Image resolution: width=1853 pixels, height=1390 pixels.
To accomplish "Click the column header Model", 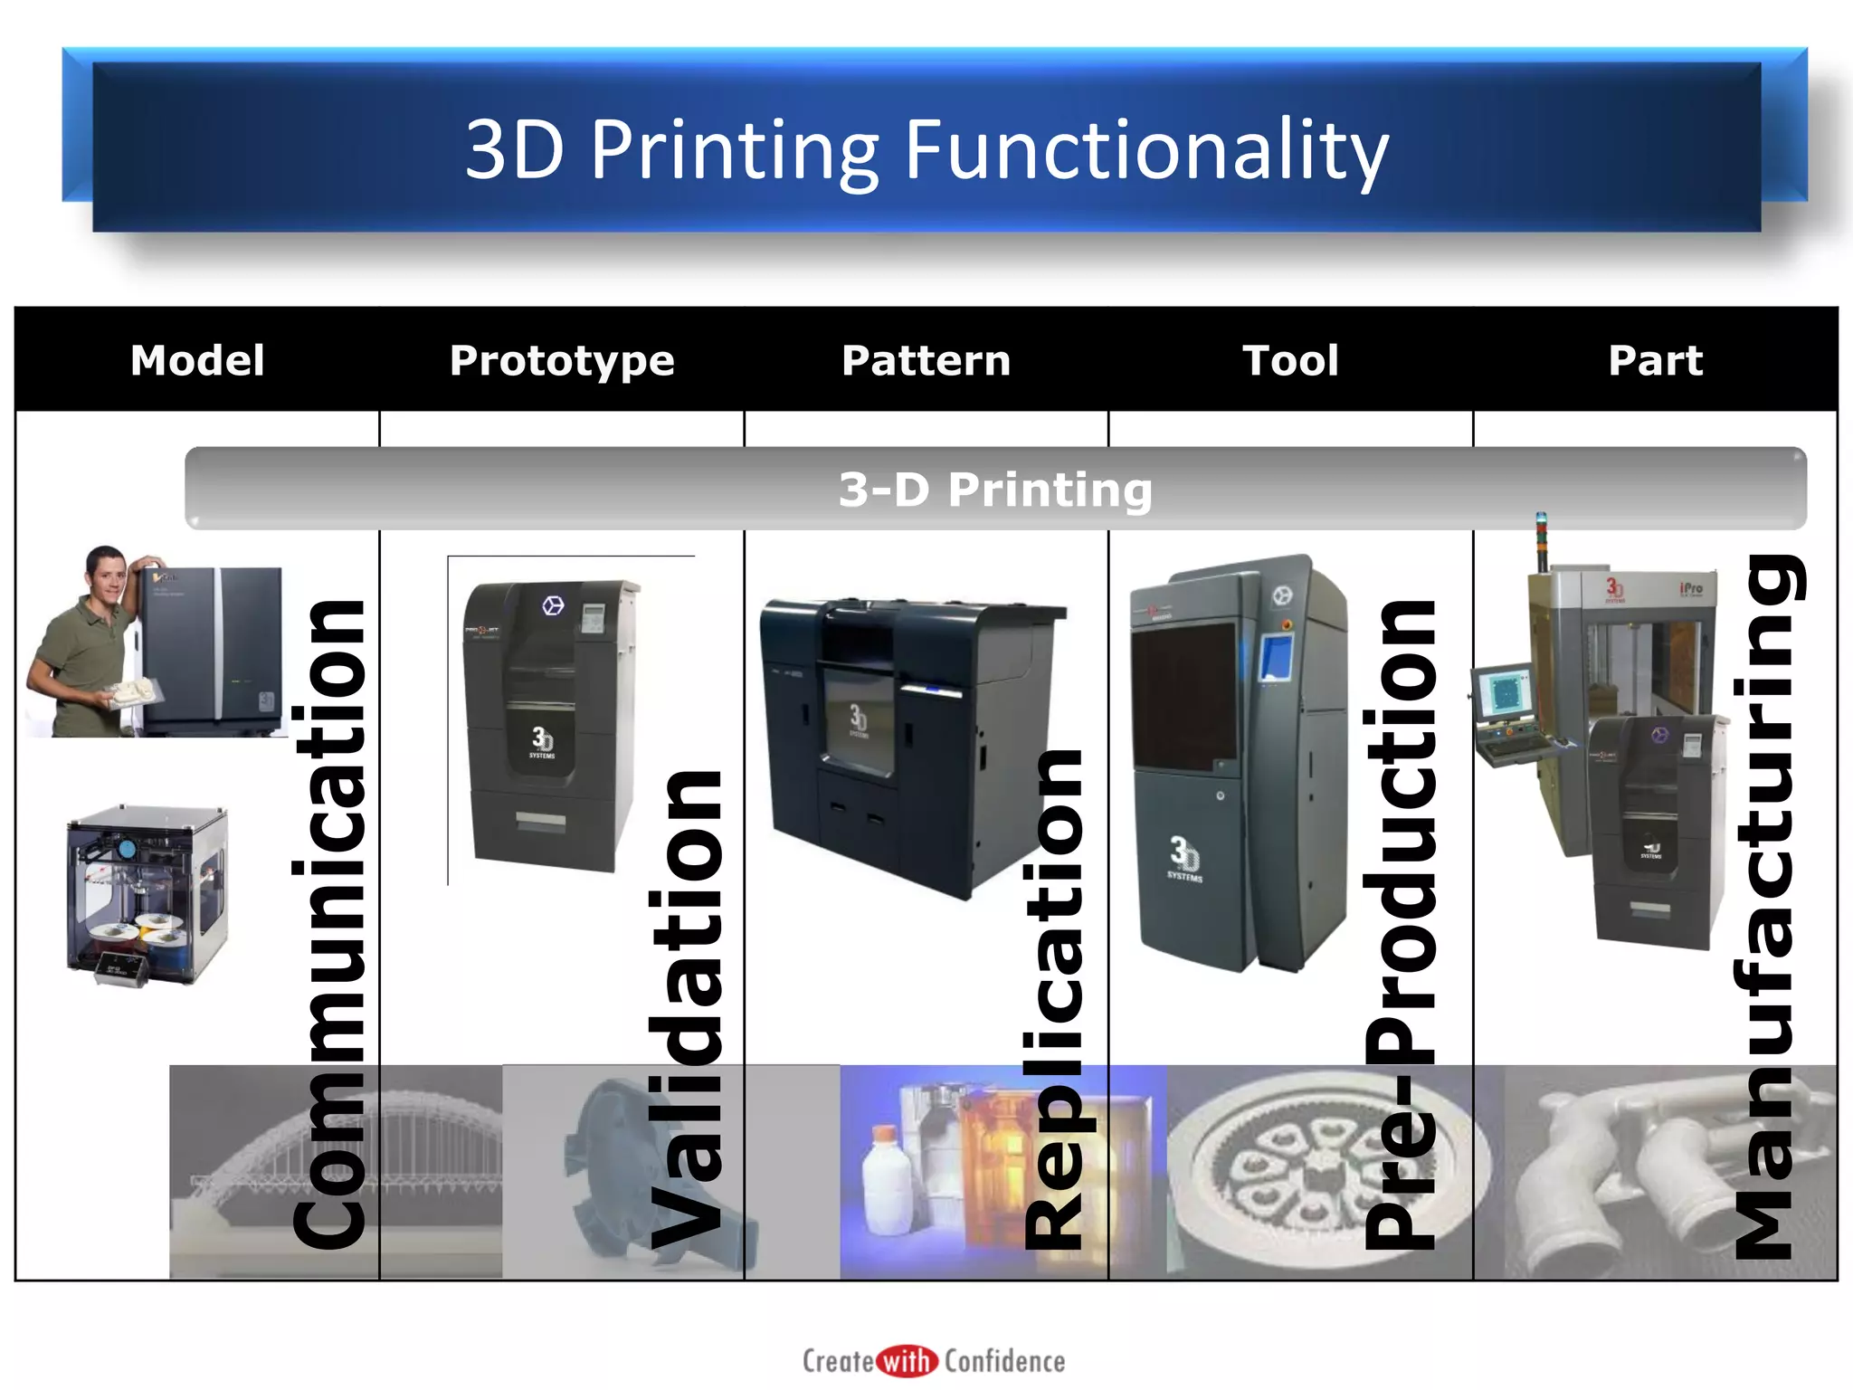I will pos(197,360).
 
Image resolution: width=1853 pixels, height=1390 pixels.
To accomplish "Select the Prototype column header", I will pos(562,360).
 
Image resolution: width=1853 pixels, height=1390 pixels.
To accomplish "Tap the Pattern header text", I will pos(926,360).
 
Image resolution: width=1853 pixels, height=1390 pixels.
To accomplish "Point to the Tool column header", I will pos(1290,360).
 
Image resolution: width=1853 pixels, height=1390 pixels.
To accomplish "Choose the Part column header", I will pos(1655,360).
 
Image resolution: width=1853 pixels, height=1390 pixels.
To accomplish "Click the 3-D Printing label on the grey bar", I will pos(995,490).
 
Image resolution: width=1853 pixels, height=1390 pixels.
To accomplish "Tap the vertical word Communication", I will pos(331,923).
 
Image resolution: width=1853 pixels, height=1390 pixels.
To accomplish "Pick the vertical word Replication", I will pos(1054,1000).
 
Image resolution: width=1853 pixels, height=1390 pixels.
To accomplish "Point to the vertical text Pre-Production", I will pos(1401,923).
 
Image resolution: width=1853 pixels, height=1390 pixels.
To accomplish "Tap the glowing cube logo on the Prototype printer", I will pos(553,605).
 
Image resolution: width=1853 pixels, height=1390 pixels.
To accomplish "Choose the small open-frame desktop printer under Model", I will pos(147,891).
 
